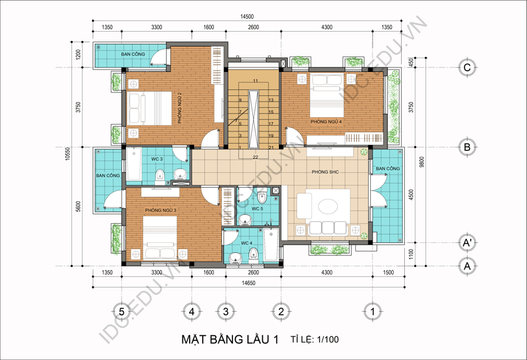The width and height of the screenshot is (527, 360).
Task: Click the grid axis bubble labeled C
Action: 467,68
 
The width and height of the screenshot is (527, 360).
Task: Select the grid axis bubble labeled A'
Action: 467,242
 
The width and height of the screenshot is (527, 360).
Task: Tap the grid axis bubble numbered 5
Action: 122,312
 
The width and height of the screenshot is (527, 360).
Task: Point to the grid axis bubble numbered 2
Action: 281,312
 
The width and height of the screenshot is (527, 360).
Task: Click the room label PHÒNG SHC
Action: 325,172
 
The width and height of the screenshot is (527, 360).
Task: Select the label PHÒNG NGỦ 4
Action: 326,121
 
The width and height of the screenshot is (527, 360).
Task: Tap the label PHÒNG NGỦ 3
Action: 161,210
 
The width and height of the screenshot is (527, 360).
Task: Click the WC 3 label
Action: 157,159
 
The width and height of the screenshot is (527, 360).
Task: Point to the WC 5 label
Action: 257,209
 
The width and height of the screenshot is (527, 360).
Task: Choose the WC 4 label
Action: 246,243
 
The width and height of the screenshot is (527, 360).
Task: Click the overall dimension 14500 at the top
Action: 247,17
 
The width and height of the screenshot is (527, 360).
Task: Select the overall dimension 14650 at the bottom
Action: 249,283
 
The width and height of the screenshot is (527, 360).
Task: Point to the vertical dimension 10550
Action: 68,154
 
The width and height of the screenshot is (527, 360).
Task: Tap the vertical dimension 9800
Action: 422,162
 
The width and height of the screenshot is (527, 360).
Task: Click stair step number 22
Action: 255,157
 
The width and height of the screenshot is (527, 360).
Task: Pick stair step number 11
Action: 255,81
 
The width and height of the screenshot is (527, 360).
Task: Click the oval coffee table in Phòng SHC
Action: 328,206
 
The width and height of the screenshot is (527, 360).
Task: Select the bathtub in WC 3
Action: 133,165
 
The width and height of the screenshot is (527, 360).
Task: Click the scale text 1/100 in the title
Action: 328,340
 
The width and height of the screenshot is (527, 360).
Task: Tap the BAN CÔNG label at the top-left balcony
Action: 133,54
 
